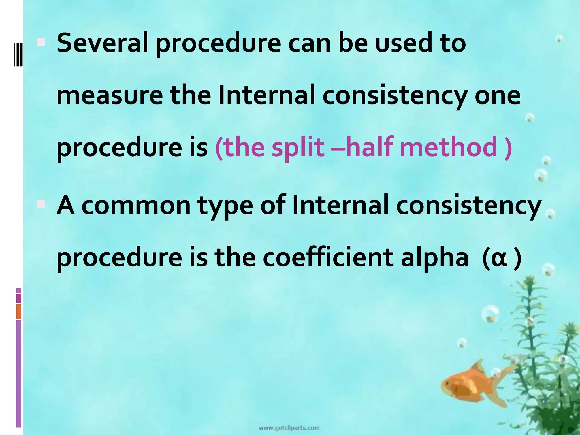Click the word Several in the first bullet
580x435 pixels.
pyautogui.click(x=102, y=43)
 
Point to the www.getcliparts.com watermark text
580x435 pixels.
pyautogui.click(x=289, y=428)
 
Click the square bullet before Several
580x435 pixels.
pyautogui.click(x=41, y=42)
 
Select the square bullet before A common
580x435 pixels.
pyautogui.click(x=41, y=204)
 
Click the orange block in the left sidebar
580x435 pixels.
pyautogui.click(x=19, y=311)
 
